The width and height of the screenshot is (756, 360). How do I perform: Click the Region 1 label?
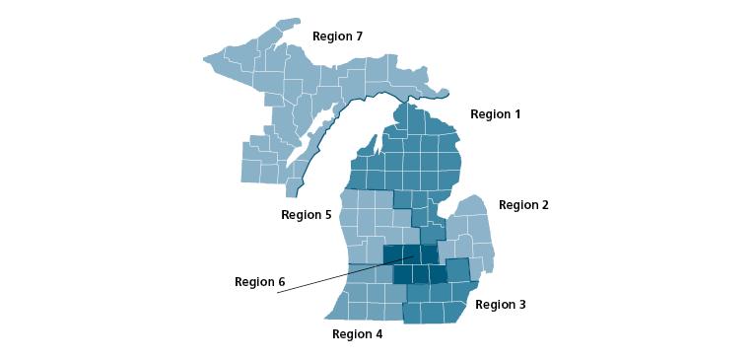click(x=495, y=114)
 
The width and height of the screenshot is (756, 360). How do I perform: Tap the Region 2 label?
click(x=523, y=205)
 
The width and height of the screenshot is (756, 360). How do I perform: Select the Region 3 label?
click(x=500, y=305)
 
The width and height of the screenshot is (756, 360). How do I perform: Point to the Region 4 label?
click(x=357, y=334)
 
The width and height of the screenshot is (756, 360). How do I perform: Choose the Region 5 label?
click(x=306, y=215)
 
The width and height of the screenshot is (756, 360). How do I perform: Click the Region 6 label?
click(x=259, y=282)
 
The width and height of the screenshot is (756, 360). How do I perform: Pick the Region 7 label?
click(x=337, y=36)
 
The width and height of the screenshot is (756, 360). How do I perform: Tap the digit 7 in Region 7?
click(x=359, y=36)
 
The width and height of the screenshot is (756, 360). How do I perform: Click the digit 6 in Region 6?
click(x=281, y=282)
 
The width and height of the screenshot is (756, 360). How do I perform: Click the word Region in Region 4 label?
click(x=351, y=334)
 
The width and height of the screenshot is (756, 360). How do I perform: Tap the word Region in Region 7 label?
click(x=331, y=36)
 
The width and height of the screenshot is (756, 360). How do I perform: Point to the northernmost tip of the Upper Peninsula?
click(x=289, y=21)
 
